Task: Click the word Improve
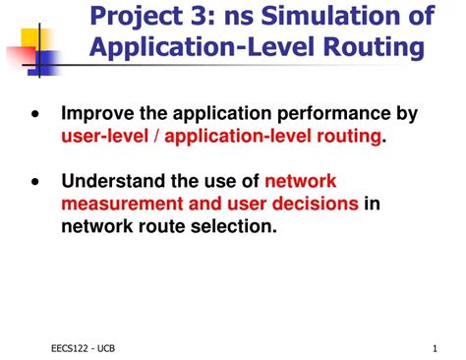click(x=98, y=115)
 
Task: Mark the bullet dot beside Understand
click(x=35, y=181)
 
